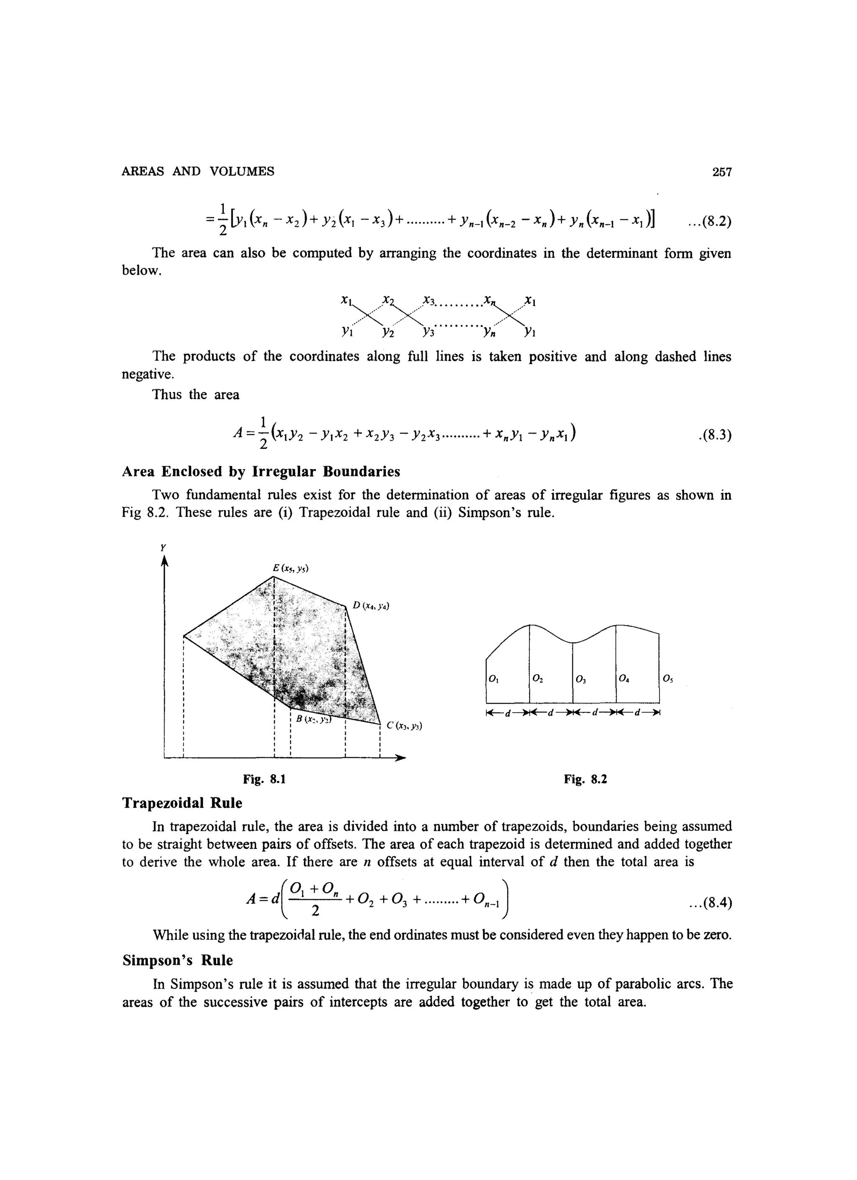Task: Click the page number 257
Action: point(722,172)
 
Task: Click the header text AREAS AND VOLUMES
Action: point(198,172)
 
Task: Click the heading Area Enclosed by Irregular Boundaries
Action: point(261,471)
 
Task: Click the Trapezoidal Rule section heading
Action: point(182,803)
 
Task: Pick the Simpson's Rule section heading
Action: point(177,960)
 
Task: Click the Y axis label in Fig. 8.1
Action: point(163,547)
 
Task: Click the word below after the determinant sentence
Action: point(141,271)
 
